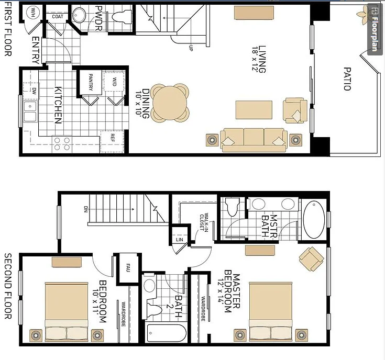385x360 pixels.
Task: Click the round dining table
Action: click(x=170, y=103)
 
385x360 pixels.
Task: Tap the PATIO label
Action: click(x=347, y=79)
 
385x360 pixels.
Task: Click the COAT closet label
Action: click(x=58, y=16)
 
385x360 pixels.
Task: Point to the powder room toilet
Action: click(x=122, y=17)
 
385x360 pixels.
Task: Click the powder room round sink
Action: click(x=79, y=15)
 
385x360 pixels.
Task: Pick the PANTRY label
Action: click(x=91, y=82)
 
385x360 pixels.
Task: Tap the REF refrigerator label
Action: click(x=113, y=138)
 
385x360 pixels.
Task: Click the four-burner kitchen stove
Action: click(x=62, y=144)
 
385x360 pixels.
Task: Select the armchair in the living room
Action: click(x=294, y=110)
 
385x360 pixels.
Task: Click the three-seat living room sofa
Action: click(x=254, y=140)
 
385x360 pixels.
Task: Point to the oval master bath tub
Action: click(x=314, y=219)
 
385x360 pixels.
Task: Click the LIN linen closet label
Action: click(x=180, y=239)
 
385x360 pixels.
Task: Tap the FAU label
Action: click(x=128, y=267)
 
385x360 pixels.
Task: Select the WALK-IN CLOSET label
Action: click(x=204, y=222)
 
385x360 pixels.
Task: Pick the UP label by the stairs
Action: click(x=191, y=48)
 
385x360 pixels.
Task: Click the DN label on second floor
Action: click(x=86, y=209)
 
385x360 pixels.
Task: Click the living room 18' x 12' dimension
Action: click(x=255, y=59)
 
